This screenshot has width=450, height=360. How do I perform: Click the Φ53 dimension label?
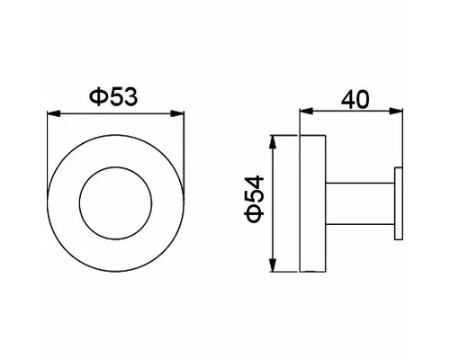(113, 96)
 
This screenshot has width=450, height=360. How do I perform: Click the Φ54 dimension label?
(254, 199)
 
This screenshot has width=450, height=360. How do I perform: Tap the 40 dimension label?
(355, 100)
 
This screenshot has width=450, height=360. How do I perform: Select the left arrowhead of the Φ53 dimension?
(54, 113)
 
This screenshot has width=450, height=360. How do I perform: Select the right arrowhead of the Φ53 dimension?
(177, 113)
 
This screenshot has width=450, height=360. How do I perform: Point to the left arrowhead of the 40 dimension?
(306, 112)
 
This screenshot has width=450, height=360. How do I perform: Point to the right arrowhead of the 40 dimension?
(396, 112)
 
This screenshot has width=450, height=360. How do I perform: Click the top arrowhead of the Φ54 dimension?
(273, 142)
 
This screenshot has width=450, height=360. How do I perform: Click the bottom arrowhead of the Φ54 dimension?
(273, 265)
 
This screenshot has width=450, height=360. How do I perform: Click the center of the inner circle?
(116, 203)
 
